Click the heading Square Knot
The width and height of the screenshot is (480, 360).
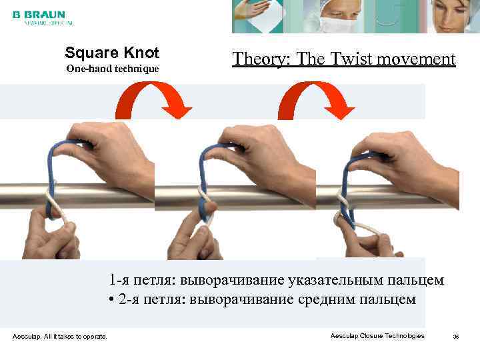pos(111,52)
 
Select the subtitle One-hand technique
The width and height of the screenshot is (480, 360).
pos(111,69)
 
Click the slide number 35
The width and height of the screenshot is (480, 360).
pos(456,337)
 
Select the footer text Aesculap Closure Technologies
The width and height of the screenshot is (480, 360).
pos(377,336)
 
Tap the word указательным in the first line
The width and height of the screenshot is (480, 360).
pos(334,280)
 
